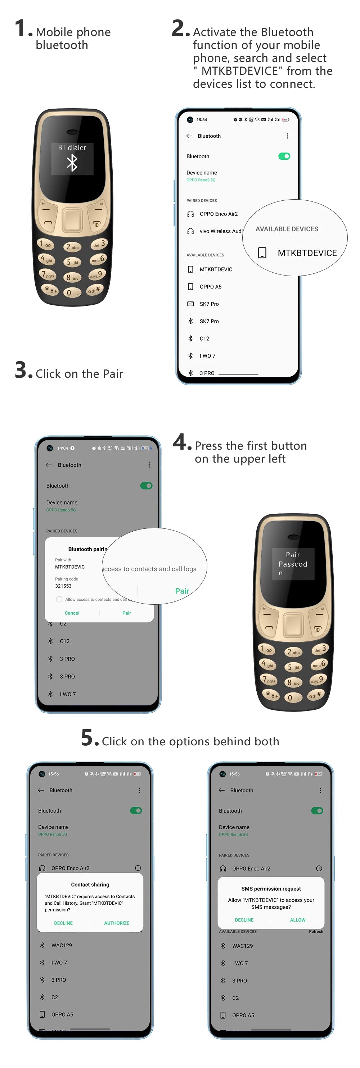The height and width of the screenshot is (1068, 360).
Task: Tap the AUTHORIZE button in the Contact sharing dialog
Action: coord(117,923)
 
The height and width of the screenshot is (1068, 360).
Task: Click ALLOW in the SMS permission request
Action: coord(297,919)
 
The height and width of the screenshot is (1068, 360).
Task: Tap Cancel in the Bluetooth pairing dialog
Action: coord(72,613)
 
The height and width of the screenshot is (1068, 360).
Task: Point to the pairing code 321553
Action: coord(63,586)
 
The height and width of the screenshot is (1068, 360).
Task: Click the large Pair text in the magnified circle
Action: coord(182,591)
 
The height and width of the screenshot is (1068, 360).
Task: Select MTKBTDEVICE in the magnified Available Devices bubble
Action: coord(307,253)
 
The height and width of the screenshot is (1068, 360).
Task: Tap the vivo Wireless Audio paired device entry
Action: coord(221,231)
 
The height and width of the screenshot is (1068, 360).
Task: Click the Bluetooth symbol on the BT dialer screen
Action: coord(72,163)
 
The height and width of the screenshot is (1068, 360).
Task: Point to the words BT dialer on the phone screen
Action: coord(72,147)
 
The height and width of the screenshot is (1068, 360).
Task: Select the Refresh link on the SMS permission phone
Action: coord(316,932)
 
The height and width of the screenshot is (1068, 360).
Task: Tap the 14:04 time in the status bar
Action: coord(63,448)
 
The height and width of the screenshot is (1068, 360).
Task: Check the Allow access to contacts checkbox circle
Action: coord(59,599)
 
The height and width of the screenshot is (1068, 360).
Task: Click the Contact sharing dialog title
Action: coord(90,884)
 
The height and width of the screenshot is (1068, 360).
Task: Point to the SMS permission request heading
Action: coord(271,889)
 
